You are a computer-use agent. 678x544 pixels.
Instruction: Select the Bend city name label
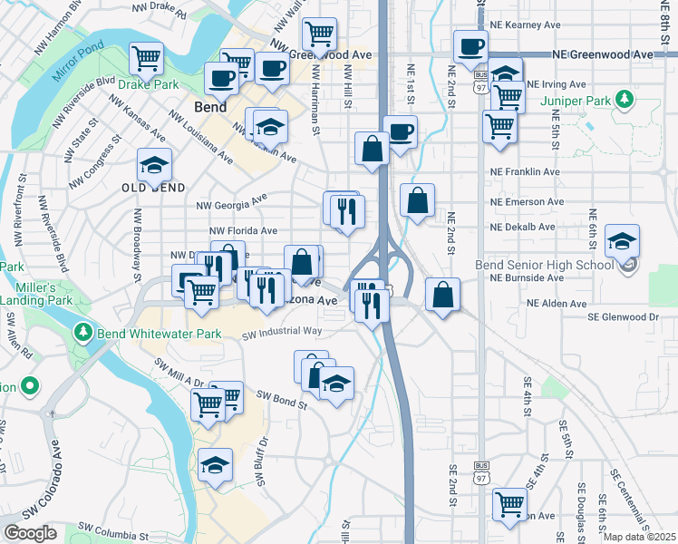[x=210, y=107]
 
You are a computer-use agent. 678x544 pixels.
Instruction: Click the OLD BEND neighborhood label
[x=153, y=188]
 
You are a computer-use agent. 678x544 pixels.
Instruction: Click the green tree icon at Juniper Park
[x=623, y=98]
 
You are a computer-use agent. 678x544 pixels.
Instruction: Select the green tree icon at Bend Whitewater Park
[x=83, y=334]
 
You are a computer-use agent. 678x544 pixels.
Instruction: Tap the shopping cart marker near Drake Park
[x=146, y=59]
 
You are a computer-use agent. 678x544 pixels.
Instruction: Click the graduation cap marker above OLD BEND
[x=154, y=165]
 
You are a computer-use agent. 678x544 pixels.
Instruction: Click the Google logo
[x=31, y=532]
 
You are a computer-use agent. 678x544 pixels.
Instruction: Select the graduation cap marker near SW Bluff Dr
[x=215, y=465]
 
